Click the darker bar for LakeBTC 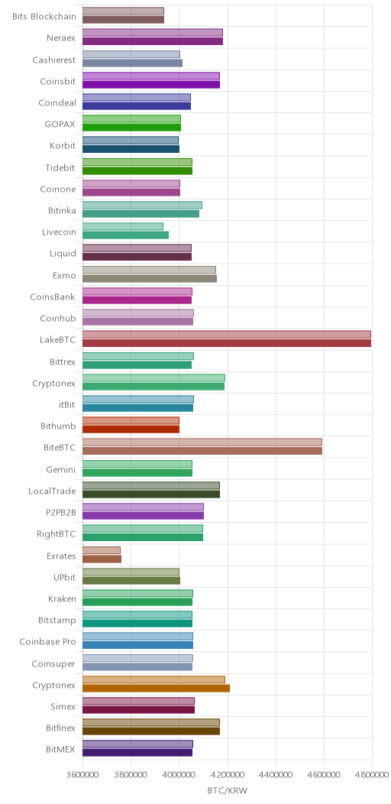[x=227, y=344]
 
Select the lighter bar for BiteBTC [x=202, y=442]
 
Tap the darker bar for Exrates [x=102, y=559]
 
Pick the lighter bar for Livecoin [x=123, y=226]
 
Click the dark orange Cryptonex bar [x=156, y=688]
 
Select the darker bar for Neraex [x=153, y=41]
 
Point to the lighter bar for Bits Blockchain [x=123, y=11]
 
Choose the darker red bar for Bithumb [x=131, y=430]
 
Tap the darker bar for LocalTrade [x=151, y=494]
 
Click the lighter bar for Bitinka [x=143, y=205]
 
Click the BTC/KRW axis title [x=227, y=791]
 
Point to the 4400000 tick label [x=276, y=773]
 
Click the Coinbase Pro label [x=47, y=642]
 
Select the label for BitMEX [x=60, y=750]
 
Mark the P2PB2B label [x=61, y=513]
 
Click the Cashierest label [x=54, y=60]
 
